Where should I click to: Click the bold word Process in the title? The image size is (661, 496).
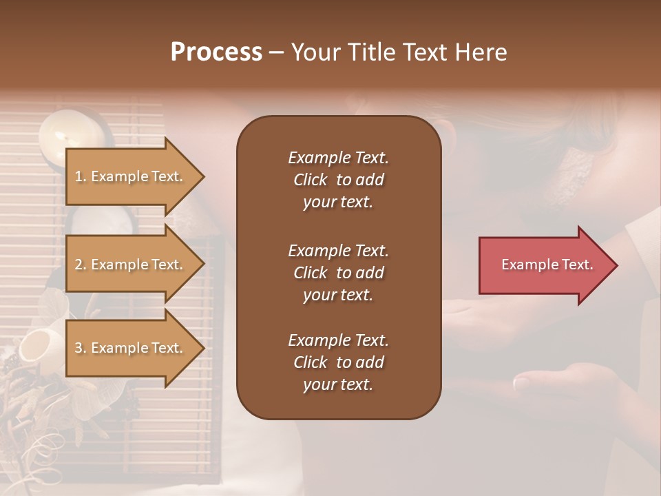(216, 52)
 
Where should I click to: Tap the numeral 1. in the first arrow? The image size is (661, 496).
(81, 176)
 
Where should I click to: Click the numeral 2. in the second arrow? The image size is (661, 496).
(81, 265)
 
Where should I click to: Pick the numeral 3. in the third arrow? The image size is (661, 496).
(81, 348)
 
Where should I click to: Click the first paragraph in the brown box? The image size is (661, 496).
(338, 180)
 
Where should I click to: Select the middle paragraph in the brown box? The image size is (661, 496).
(338, 273)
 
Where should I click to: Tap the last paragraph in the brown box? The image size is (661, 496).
(338, 362)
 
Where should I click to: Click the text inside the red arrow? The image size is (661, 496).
(547, 265)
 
